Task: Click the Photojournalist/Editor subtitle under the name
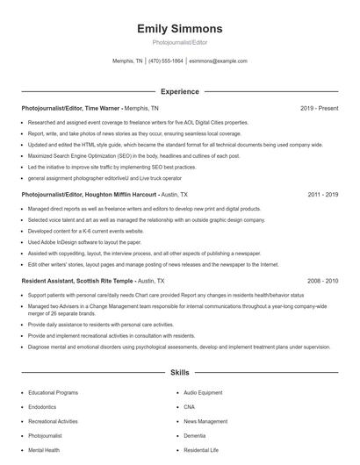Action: (179, 41)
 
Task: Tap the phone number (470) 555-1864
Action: (166, 61)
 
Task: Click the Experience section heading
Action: (179, 90)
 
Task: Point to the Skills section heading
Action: (179, 372)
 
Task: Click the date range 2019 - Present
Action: (319, 108)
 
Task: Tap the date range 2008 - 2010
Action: (323, 280)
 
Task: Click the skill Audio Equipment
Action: (204, 393)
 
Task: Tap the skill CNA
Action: (191, 407)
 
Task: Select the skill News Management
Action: (205, 421)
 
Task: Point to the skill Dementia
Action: (195, 435)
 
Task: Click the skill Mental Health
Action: (45, 449)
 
